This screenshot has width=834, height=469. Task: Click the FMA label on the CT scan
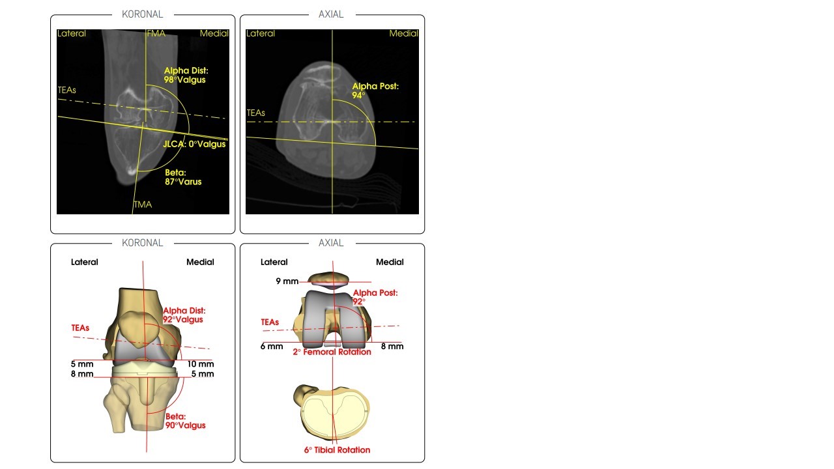[156, 33]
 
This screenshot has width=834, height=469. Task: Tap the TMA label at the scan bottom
[143, 205]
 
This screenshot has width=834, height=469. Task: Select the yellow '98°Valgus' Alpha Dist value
[184, 80]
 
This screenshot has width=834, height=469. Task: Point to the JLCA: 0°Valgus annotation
[194, 144]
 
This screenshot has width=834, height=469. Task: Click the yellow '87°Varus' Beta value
[183, 182]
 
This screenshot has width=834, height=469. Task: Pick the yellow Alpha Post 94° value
[358, 95]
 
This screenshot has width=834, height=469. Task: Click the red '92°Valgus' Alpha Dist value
[183, 319]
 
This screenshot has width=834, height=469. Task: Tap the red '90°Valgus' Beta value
[186, 425]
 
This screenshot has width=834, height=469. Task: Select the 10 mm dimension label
[200, 364]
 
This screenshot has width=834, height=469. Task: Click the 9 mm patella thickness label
[287, 281]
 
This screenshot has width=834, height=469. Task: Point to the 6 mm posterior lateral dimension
[272, 347]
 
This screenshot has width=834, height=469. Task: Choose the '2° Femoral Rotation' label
[332, 352]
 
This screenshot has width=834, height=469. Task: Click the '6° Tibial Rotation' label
[338, 449]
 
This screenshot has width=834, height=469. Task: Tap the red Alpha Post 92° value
[359, 302]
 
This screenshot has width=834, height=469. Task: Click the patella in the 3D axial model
[328, 280]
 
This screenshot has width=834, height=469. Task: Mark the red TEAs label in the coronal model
[80, 328]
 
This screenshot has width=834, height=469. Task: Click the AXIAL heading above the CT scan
[331, 14]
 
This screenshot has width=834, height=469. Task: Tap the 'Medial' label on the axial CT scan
[404, 33]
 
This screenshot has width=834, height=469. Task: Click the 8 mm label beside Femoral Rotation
[392, 347]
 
